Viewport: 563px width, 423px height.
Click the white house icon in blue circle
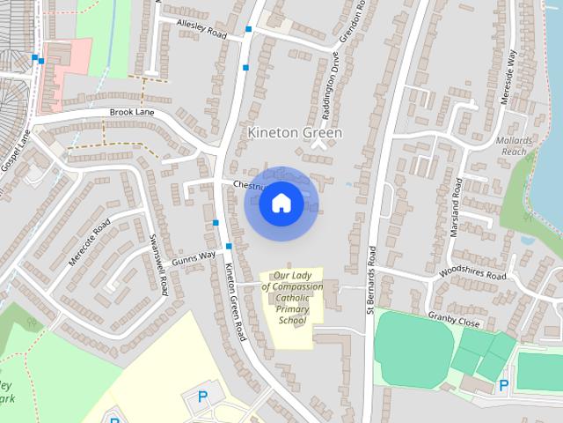click(281, 204)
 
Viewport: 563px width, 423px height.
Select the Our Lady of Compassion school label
click(292, 298)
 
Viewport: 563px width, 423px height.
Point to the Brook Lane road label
click(132, 113)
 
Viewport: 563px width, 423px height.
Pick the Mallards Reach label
click(515, 146)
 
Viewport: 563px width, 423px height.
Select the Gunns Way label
click(194, 256)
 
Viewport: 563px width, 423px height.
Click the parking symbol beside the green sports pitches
click(504, 385)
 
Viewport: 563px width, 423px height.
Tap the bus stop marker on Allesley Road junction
click(249, 30)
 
